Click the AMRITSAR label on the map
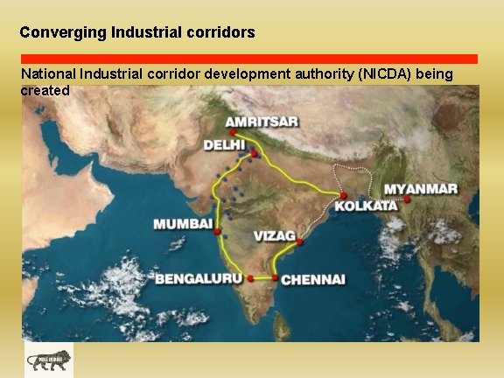[x=262, y=122]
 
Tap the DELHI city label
[x=224, y=145]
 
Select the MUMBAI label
[x=183, y=225]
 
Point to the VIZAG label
[x=275, y=236]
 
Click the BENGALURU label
[x=199, y=279]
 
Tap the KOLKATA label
[x=365, y=206]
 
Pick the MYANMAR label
[x=421, y=189]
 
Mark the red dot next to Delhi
[x=254, y=154]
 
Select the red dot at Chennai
[x=276, y=278]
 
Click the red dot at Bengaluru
[x=250, y=278]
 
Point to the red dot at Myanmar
[x=408, y=199]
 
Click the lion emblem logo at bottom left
[x=49, y=360]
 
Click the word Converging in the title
[x=64, y=32]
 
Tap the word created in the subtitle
[x=45, y=89]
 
